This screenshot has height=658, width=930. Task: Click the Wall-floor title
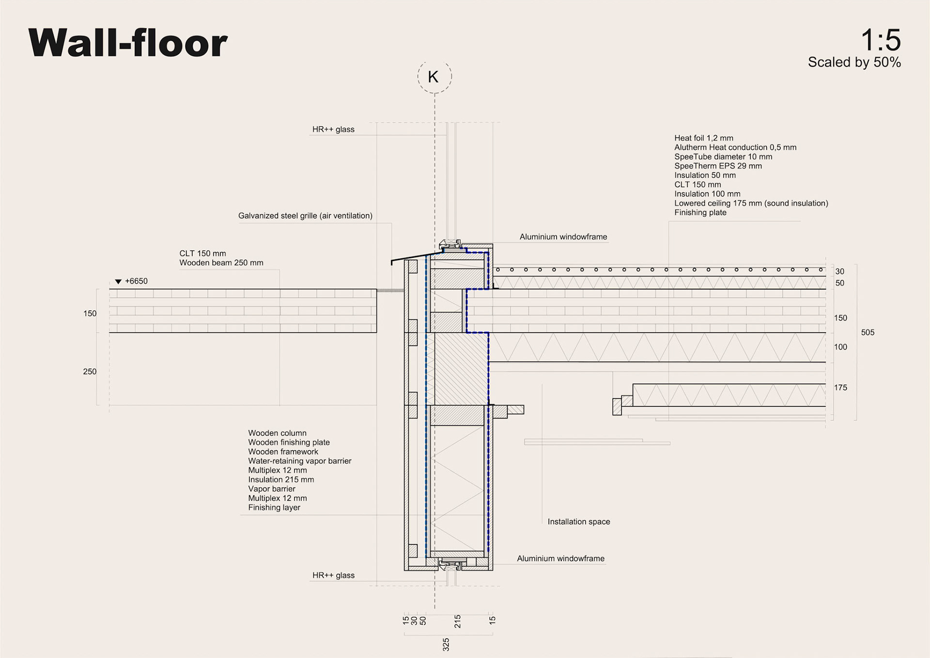tap(128, 43)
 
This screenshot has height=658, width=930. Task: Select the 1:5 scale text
tap(880, 40)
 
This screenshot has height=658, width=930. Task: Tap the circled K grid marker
tap(434, 77)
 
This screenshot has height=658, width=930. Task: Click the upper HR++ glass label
tap(333, 129)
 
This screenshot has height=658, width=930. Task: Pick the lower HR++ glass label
tap(333, 576)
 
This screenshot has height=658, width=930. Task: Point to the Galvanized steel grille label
tap(305, 216)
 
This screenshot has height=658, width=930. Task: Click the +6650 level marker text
tap(136, 281)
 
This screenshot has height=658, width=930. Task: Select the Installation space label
tap(579, 522)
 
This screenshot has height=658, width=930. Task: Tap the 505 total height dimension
tap(868, 333)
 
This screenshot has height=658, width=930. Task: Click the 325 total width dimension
tap(446, 644)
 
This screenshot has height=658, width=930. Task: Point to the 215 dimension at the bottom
tap(458, 621)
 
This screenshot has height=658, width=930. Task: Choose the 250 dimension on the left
tap(90, 372)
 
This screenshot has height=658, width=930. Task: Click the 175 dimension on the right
tap(840, 388)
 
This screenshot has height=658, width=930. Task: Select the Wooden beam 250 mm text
tap(221, 263)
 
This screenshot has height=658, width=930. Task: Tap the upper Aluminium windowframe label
tap(563, 237)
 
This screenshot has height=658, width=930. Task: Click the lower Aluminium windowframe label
tap(560, 559)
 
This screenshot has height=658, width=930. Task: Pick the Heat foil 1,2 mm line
tap(704, 138)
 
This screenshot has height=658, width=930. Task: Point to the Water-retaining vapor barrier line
tap(300, 461)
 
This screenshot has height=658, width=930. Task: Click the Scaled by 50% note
tap(854, 63)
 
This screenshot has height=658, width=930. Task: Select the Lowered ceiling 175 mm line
tap(751, 203)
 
